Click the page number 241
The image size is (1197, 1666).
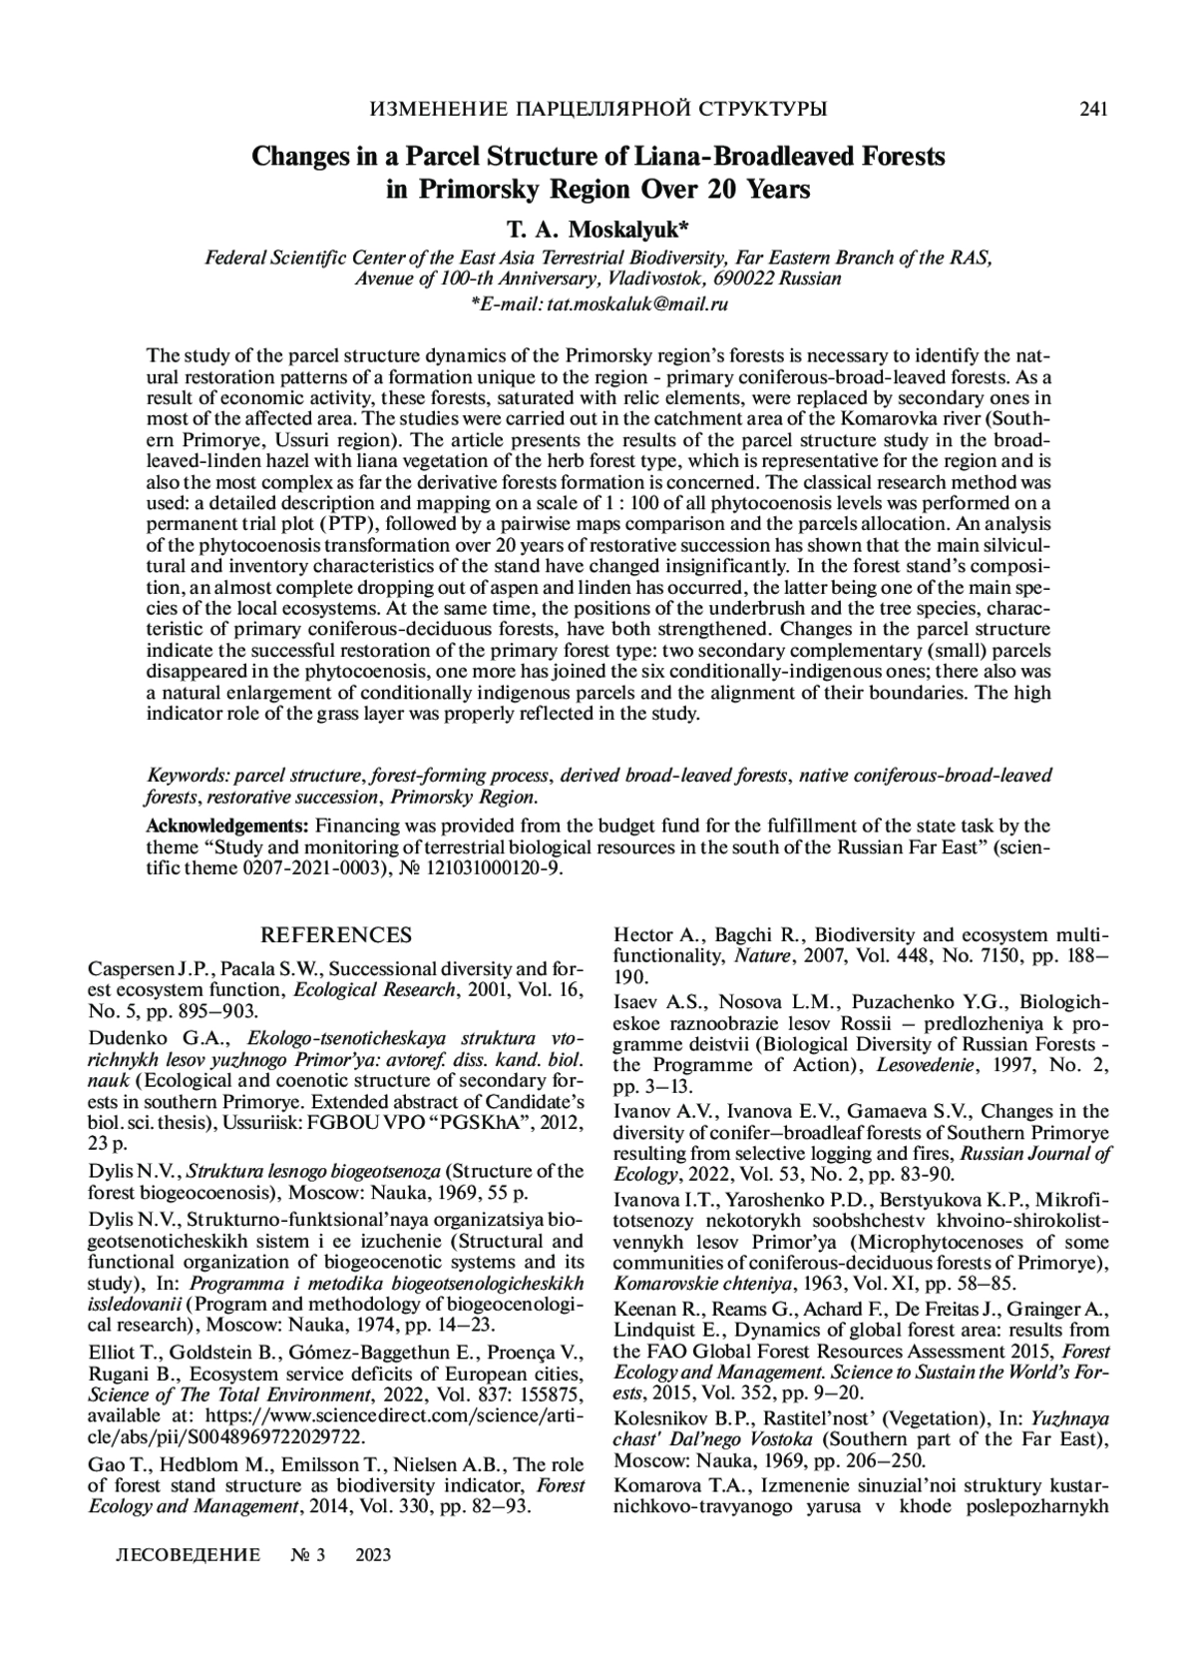(x=1094, y=110)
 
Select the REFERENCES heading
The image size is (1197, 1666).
(x=335, y=935)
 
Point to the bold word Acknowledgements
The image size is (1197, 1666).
(x=227, y=826)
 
